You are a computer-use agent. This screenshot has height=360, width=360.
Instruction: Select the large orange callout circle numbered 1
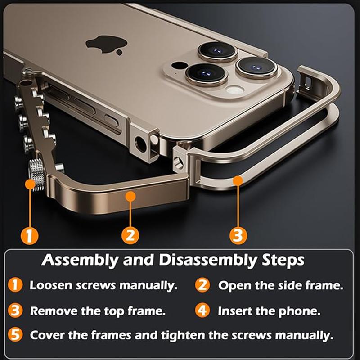29,235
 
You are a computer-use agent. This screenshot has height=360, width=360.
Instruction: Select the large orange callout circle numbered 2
130,235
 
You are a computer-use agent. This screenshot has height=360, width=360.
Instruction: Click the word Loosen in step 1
50,285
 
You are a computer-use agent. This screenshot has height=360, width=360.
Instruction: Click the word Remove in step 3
52,311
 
